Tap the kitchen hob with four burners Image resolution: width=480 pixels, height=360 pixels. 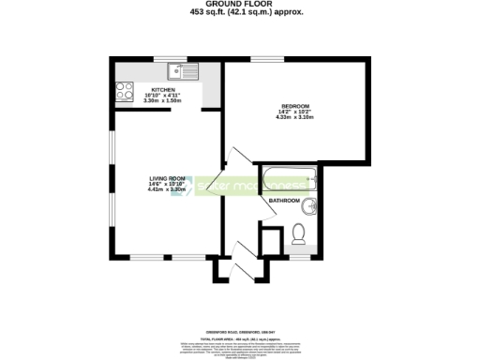pos(124,91)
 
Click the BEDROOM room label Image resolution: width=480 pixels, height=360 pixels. pos(292,106)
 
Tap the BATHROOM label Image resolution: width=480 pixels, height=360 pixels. pos(284,201)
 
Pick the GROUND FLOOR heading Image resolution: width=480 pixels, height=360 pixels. pos(239,5)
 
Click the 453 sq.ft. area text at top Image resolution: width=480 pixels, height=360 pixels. pos(239,13)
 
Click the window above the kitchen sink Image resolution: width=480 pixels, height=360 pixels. pos(172,60)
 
